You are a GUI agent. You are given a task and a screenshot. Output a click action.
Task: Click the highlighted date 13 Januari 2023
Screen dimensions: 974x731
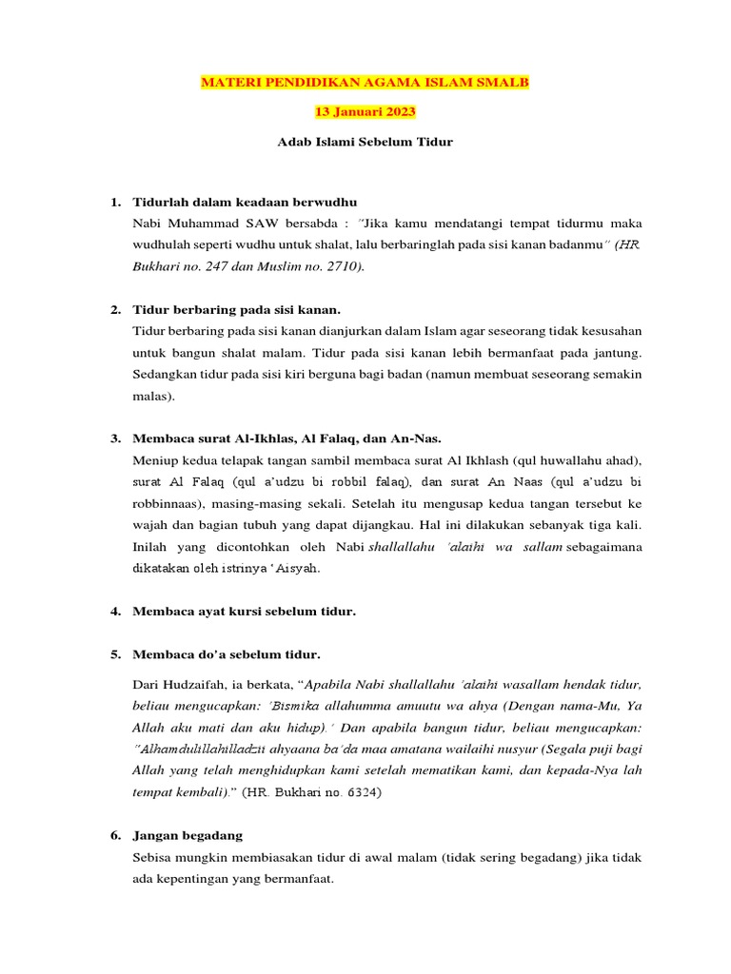point(365,113)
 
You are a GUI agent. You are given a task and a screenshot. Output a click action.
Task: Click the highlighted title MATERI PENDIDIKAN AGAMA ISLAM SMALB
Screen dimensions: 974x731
point(365,83)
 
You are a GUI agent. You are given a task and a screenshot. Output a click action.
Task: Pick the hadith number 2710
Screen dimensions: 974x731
point(340,266)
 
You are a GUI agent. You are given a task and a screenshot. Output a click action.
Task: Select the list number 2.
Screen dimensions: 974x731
point(115,310)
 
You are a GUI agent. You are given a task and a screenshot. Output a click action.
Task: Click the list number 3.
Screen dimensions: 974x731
point(115,438)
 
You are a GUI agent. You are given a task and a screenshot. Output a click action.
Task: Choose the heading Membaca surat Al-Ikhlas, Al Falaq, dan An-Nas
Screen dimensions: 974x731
point(289,438)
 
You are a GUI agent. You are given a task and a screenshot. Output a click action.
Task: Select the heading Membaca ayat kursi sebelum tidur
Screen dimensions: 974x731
point(245,612)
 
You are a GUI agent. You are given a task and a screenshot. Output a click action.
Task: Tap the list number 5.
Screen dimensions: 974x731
point(115,654)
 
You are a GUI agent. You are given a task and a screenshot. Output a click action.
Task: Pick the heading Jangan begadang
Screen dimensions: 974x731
point(188,835)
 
